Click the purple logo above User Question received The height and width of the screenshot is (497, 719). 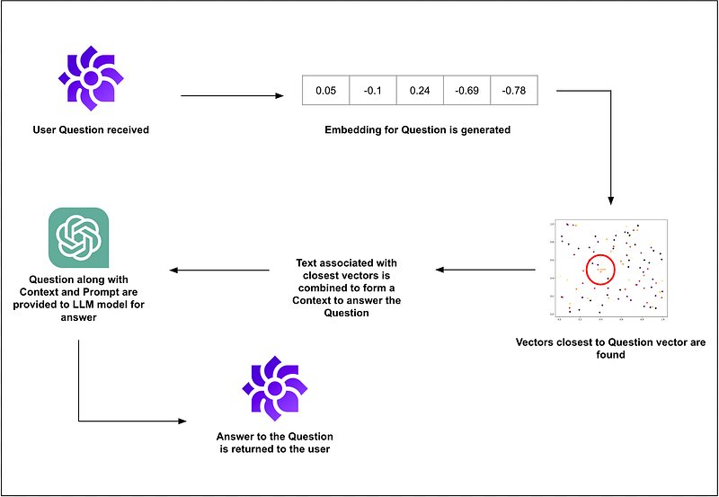point(91,79)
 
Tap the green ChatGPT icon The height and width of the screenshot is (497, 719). point(77,238)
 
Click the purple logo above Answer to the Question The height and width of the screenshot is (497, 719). point(273,387)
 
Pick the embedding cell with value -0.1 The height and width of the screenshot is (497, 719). point(372,91)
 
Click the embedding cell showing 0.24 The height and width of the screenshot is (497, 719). point(420,91)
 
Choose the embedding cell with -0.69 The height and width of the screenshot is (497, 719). point(467,91)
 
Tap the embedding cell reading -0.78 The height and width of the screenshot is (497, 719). point(514,91)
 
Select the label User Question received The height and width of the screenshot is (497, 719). point(90,130)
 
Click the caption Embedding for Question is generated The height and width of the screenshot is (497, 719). point(418,130)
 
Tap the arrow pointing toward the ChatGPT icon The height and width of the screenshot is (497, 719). point(221,269)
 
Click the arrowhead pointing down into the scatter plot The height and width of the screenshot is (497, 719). point(610,203)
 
